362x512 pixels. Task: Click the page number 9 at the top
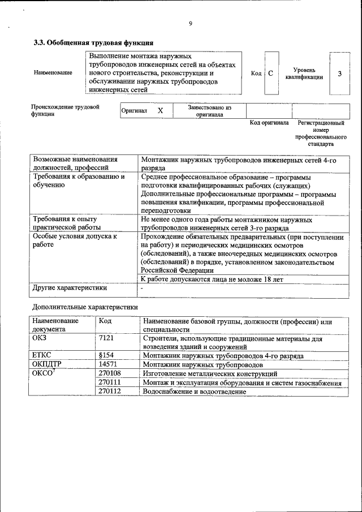191,23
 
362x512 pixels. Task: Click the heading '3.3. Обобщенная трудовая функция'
93,42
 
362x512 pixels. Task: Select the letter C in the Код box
271,74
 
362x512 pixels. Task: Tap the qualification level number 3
339,74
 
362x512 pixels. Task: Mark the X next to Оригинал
160,111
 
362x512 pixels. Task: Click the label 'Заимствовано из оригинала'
209,110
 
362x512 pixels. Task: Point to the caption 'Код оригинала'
269,123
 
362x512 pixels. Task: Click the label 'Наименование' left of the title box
53,73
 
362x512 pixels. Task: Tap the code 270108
110,374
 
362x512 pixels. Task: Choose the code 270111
110,383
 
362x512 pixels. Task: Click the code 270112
110,391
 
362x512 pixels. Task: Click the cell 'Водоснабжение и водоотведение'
195,391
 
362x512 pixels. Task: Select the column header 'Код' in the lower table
105,321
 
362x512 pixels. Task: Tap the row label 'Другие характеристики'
70,289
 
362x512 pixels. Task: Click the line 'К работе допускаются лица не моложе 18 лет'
212,279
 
